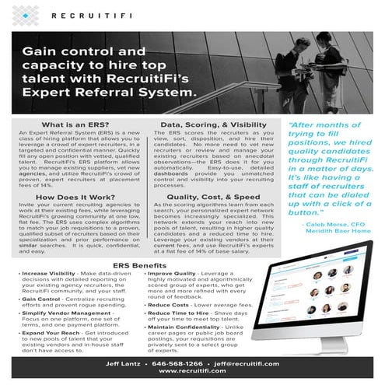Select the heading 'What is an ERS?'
(x=73, y=125)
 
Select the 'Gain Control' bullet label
(x=42, y=298)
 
